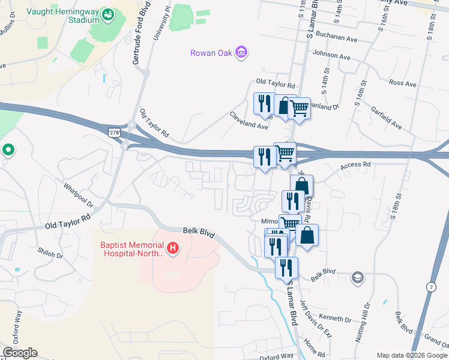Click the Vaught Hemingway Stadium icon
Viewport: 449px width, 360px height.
point(108,14)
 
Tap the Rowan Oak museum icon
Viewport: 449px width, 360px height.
point(241,53)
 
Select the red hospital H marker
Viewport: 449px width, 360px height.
point(173,248)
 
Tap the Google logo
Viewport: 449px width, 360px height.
point(20,353)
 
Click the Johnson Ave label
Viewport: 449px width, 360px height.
point(331,56)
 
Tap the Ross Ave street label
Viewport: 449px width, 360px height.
point(402,83)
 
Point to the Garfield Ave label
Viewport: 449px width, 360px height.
point(385,116)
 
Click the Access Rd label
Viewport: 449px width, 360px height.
point(356,165)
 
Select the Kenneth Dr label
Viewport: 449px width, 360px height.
point(335,318)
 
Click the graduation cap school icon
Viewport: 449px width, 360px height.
point(358,277)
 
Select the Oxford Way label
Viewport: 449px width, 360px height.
point(276,356)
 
